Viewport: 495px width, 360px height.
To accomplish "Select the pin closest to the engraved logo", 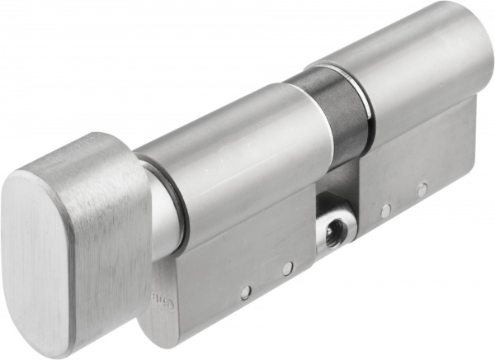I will [245, 290].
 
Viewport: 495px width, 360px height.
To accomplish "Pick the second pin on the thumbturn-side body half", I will [286, 269].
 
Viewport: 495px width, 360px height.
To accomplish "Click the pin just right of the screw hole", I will [384, 211].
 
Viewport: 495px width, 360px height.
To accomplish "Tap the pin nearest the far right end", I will [422, 190].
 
